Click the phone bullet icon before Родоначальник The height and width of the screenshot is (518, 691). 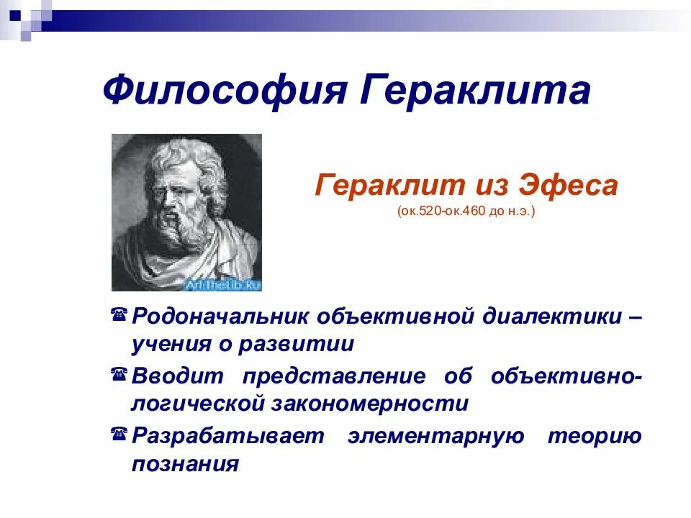tap(120, 314)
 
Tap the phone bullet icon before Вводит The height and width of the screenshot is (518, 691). tap(120, 374)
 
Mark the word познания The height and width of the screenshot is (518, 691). tap(185, 464)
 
